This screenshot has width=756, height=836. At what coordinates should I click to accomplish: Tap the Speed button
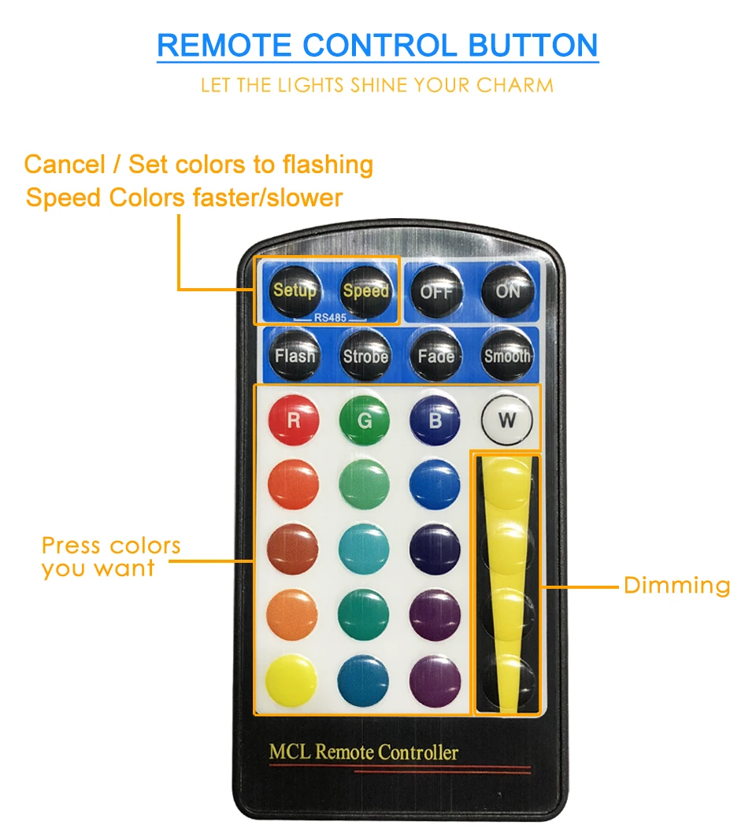(365, 291)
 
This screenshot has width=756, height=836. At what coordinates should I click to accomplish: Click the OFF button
(436, 291)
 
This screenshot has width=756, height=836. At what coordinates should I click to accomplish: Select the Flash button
(295, 356)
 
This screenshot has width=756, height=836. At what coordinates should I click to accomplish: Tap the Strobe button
(365, 356)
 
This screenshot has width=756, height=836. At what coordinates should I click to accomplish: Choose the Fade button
(436, 356)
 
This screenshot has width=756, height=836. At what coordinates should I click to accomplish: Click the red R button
(294, 420)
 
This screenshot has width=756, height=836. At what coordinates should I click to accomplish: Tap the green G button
(365, 420)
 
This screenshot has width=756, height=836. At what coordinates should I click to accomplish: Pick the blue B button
(435, 420)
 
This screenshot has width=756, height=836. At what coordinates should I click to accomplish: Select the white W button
(507, 420)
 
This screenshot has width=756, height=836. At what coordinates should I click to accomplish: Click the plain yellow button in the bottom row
(291, 680)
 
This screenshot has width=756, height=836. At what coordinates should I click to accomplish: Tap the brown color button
(292, 549)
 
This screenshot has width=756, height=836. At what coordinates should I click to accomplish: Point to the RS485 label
(330, 318)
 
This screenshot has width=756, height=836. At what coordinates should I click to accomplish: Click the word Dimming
(676, 586)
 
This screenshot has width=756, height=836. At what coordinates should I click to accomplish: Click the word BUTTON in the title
(533, 46)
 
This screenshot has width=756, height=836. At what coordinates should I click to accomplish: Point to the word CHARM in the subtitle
(515, 85)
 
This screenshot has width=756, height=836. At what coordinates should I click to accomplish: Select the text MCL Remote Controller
(363, 752)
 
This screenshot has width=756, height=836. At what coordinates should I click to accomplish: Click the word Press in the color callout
(72, 546)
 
